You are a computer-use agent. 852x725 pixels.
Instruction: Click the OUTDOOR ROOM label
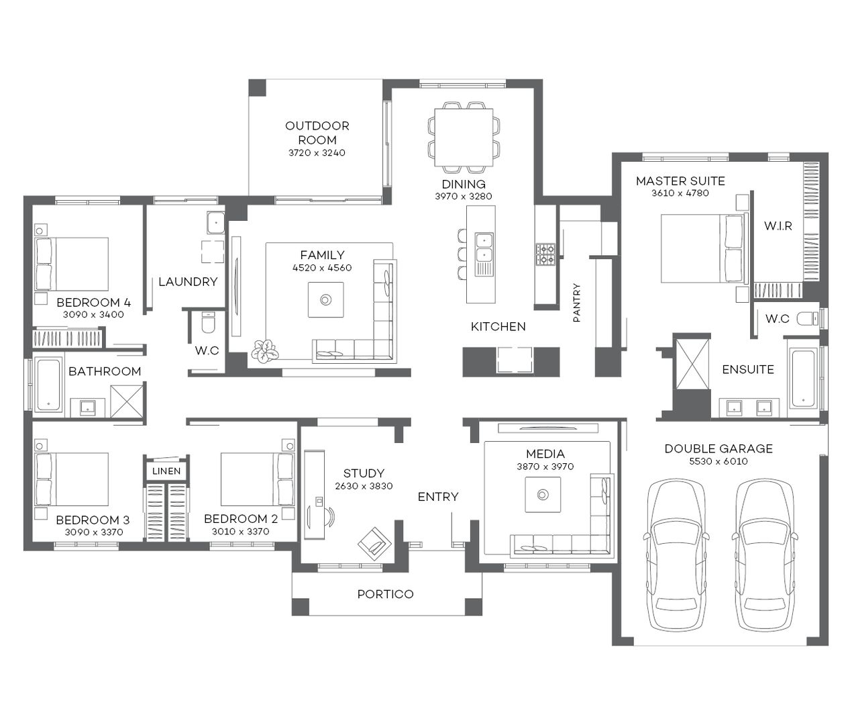coord(317,133)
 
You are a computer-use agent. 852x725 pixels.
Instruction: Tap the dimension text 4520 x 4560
coord(322,268)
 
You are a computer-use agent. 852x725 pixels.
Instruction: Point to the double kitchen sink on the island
coord(484,247)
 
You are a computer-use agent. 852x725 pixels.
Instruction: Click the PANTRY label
coord(577,303)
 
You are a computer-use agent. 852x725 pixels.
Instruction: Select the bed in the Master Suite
coord(702,248)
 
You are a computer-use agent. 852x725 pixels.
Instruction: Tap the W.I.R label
coord(778,226)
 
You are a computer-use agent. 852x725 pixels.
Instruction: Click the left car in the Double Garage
coord(676,554)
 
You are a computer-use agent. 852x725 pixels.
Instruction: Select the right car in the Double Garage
coord(765,554)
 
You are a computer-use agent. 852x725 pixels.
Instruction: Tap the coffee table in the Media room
coord(543,495)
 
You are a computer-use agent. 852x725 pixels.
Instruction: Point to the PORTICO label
coord(385,594)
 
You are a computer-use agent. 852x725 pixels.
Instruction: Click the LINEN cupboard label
coord(166,471)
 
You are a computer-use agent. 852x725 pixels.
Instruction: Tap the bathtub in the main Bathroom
coord(49,385)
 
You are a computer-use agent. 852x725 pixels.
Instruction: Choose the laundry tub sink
coord(215,222)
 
